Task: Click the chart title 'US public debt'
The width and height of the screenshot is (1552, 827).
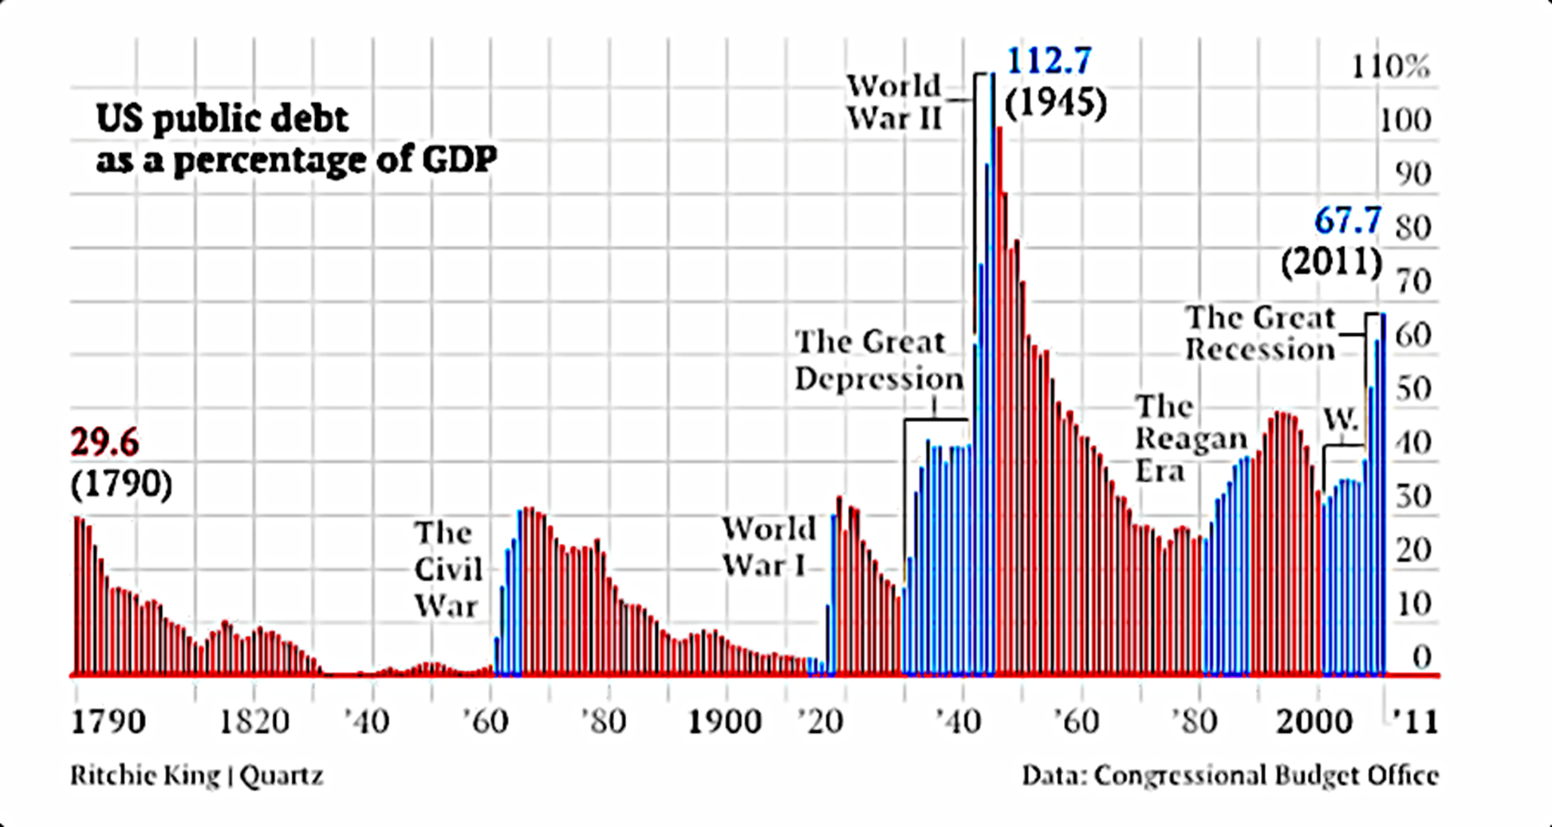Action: tap(222, 120)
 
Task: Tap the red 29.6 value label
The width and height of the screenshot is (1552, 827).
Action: tap(104, 442)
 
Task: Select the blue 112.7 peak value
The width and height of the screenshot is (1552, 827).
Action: tap(1049, 61)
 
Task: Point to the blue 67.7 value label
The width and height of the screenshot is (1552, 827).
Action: tap(1347, 221)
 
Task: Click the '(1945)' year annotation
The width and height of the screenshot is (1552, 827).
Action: tap(1055, 104)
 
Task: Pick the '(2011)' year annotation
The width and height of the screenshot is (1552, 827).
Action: tap(1331, 262)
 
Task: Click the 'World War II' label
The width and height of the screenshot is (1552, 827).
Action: tap(894, 102)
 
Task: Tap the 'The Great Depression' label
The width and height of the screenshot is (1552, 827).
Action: tap(878, 360)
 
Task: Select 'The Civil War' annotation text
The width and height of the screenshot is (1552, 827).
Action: tap(447, 569)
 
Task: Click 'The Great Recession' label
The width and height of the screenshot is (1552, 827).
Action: tap(1259, 333)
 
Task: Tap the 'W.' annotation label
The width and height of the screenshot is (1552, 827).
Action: tap(1341, 419)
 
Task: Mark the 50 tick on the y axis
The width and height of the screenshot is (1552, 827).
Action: tap(1414, 389)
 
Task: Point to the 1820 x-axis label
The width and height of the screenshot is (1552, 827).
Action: tap(254, 722)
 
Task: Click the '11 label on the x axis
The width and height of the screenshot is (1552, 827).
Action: tap(1415, 722)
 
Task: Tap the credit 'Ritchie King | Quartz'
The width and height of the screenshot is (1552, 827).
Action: tap(197, 775)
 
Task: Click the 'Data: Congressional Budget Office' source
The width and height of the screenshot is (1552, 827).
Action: tap(1230, 775)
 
